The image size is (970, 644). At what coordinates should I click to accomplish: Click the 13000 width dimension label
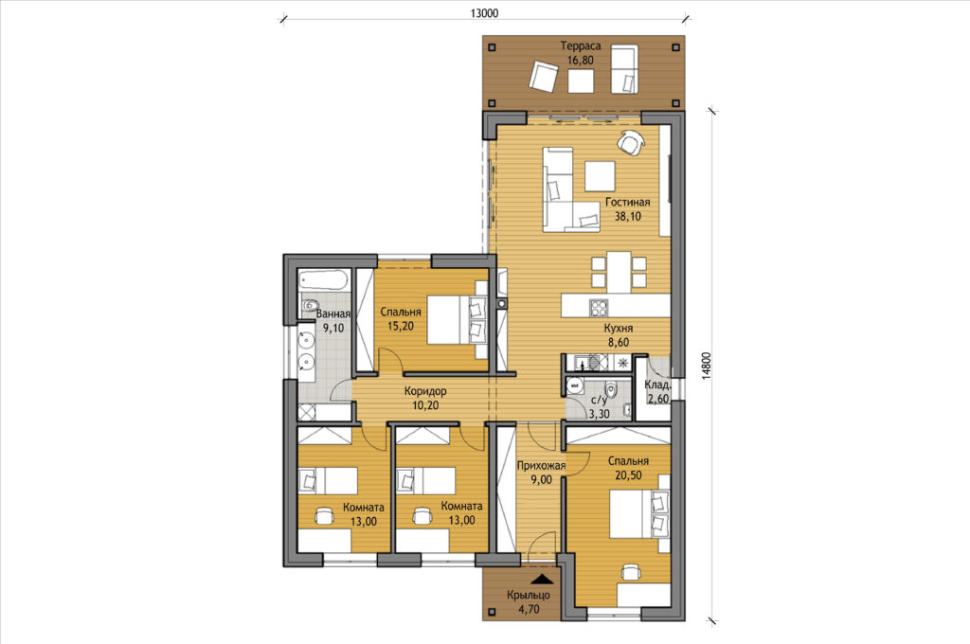tap(484, 13)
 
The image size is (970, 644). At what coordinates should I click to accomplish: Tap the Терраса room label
tap(581, 45)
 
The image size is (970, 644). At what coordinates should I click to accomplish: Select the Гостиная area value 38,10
tap(627, 217)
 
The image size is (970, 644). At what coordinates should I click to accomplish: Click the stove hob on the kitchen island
tap(599, 308)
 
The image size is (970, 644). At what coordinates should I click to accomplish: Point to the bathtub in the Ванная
tap(324, 280)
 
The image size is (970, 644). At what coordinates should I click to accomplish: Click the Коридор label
tap(425, 391)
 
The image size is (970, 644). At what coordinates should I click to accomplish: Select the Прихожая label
tap(541, 465)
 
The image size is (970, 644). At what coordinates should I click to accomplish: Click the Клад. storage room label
tap(657, 385)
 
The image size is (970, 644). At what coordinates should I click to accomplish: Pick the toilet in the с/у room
tap(611, 390)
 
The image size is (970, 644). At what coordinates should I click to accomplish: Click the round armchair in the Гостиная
tap(630, 143)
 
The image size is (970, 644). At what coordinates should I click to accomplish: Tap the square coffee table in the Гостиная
tap(600, 176)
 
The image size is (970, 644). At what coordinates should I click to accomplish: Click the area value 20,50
tap(628, 475)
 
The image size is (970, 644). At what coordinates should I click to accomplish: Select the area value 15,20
tap(401, 326)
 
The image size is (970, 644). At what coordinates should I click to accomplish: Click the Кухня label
tap(618, 328)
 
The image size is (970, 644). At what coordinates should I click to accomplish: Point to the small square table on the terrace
tap(581, 81)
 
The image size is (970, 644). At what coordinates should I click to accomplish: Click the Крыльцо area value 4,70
tap(528, 609)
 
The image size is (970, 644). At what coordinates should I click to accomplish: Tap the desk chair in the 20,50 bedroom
tap(630, 574)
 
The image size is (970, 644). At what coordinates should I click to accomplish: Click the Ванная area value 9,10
tap(332, 328)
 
